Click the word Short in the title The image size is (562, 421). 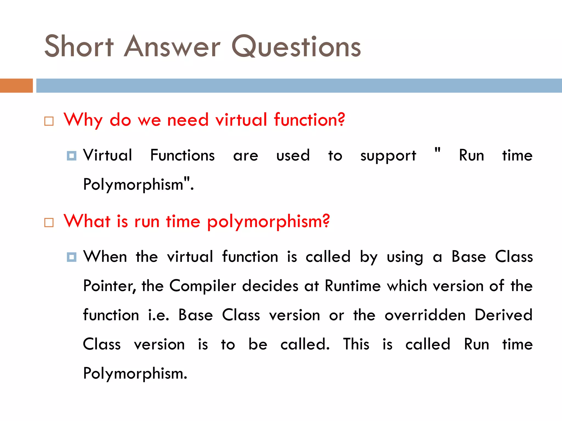tap(79, 46)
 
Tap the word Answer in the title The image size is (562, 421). tap(172, 46)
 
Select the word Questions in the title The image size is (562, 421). tap(296, 46)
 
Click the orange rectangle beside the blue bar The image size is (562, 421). tap(16, 86)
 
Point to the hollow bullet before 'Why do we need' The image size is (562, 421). tap(49, 121)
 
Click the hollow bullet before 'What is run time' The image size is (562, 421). tap(49, 222)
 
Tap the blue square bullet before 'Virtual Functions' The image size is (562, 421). tap(72, 156)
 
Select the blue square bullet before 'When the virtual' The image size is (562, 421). tap(72, 257)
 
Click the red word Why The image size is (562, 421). tap(83, 120)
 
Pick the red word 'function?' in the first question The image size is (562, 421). tap(309, 120)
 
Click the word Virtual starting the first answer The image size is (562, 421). tap(108, 155)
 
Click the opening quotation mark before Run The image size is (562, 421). tap(437, 150)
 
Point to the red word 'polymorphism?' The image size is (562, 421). tap(268, 221)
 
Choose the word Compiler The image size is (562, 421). tap(203, 286)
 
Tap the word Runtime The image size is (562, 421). tap(353, 286)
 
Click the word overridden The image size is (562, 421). tap(425, 315)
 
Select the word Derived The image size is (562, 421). tap(504, 315)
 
